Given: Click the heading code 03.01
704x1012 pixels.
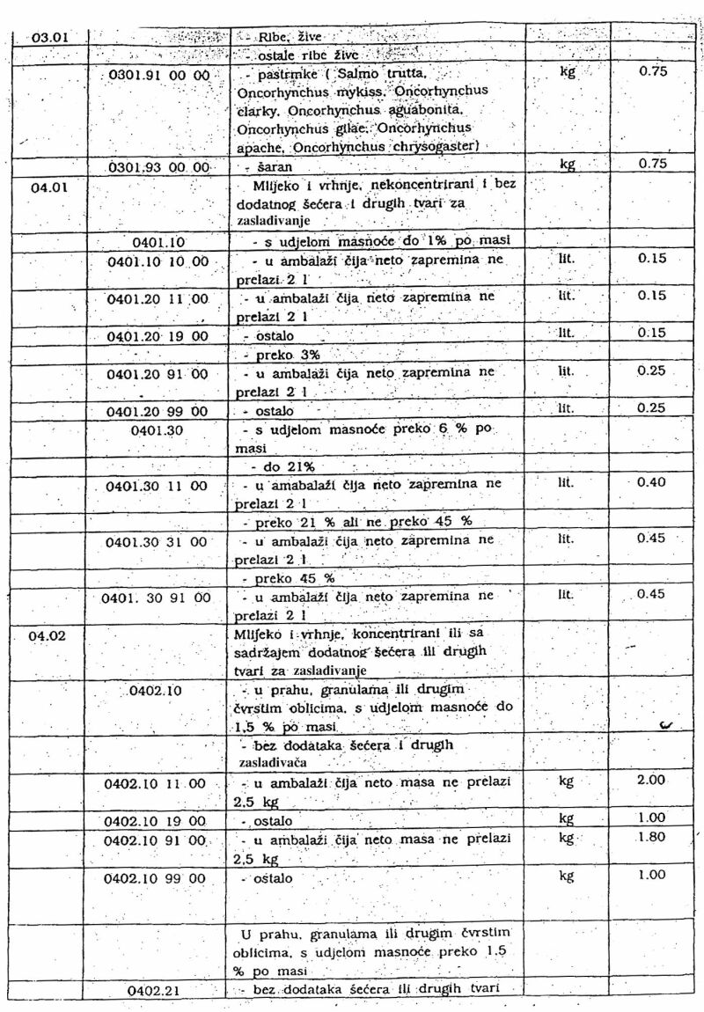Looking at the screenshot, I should pos(49,39).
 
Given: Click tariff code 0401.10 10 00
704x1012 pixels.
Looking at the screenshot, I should pos(158,260).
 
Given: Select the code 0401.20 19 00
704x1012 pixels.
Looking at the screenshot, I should pos(158,336).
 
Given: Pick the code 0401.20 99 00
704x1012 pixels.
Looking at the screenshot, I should pos(158,411).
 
